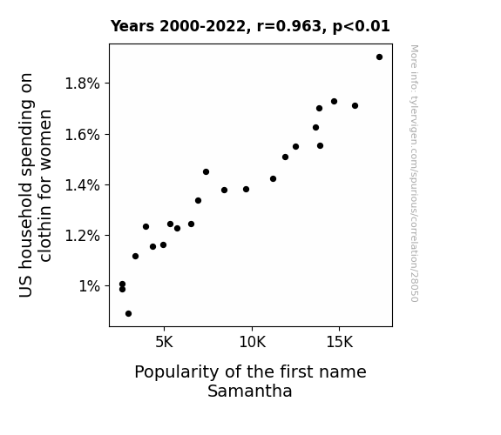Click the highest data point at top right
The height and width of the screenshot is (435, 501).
tap(379, 57)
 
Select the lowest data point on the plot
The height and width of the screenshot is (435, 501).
tap(128, 314)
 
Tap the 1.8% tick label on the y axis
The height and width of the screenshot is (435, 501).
tap(83, 84)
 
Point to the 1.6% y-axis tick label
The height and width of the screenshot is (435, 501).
tap(83, 135)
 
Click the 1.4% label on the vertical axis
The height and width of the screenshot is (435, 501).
tap(83, 185)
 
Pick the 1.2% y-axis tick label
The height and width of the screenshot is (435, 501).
tap(83, 236)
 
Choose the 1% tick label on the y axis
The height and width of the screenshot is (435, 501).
tap(90, 286)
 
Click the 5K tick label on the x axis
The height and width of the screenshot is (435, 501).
tap(164, 342)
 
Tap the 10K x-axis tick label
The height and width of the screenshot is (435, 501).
tap(252, 342)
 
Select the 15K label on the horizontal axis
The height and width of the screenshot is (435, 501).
tap(339, 342)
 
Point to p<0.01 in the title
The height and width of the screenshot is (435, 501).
tap(362, 27)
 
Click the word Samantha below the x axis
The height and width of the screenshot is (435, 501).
tap(250, 391)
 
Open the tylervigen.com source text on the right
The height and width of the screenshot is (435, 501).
tap(415, 173)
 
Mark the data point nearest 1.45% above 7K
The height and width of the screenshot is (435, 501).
tap(206, 172)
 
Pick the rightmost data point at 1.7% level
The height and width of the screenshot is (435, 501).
tap(355, 105)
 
